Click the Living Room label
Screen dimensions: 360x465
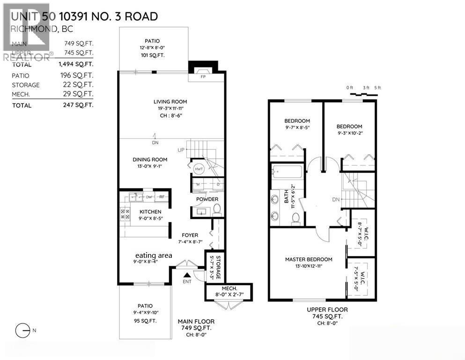pos(170,102)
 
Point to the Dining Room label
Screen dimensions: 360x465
pos(150,159)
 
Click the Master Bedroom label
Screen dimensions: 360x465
pos(309,259)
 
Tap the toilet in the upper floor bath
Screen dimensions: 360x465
pos(295,217)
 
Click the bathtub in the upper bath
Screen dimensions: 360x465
pos(287,172)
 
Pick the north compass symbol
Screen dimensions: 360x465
pos(22,331)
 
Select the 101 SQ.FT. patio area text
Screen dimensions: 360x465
pos(154,55)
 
